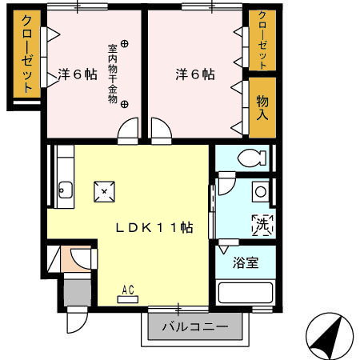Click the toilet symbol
pyautogui.click(x=252, y=158)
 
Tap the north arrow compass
pyautogui.click(x=330, y=336)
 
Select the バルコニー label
pyautogui.click(x=195, y=326)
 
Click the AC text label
pyautogui.click(x=128, y=290)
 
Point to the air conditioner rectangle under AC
pyautogui.click(x=128, y=299)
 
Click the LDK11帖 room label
pyautogui.click(x=154, y=227)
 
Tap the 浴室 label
pyautogui.click(x=246, y=262)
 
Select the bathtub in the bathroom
pyautogui.click(x=246, y=293)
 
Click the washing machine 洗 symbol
pyautogui.click(x=262, y=226)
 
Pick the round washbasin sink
pyautogui.click(x=261, y=192)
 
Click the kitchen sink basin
pyautogui.click(x=65, y=190)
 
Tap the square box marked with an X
pyautogui.click(x=104, y=191)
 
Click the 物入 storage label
pyautogui.click(x=262, y=108)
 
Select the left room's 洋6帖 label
pyautogui.click(x=78, y=74)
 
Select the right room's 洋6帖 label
pyautogui.click(x=195, y=74)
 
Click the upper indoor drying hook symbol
pyautogui.click(x=124, y=43)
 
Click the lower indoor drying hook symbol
pyautogui.click(x=124, y=104)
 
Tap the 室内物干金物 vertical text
pyautogui.click(x=112, y=74)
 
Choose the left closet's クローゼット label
pyautogui.click(x=26, y=54)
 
